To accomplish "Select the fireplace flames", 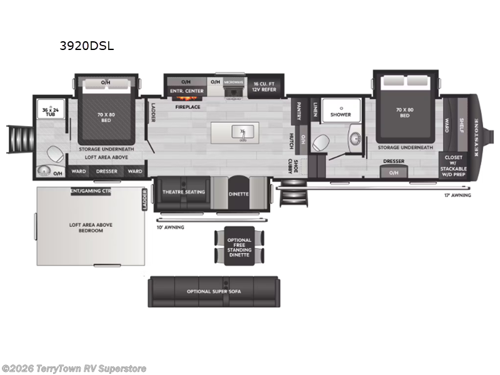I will point(186,97).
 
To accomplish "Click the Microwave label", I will point(233,82).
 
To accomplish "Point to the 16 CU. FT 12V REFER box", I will point(264,85).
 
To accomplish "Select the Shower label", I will point(341,114).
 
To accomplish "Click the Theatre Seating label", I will point(184,192).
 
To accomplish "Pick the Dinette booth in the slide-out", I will point(239,194).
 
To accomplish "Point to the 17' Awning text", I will point(457,195).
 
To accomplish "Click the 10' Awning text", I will point(170,227).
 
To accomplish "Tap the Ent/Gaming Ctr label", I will point(91,191).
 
